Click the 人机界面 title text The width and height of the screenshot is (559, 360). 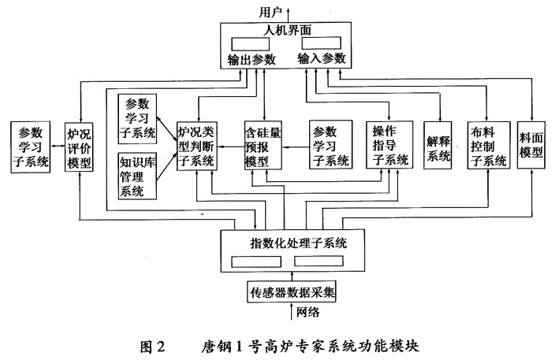click(x=289, y=30)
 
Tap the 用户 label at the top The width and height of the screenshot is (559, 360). click(x=270, y=10)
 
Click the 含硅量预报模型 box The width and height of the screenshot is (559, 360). click(x=263, y=147)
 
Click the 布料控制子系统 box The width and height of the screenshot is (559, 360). click(x=487, y=147)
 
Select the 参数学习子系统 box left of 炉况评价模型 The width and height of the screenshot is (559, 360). click(x=30, y=147)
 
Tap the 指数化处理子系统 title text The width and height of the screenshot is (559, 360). click(x=292, y=243)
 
